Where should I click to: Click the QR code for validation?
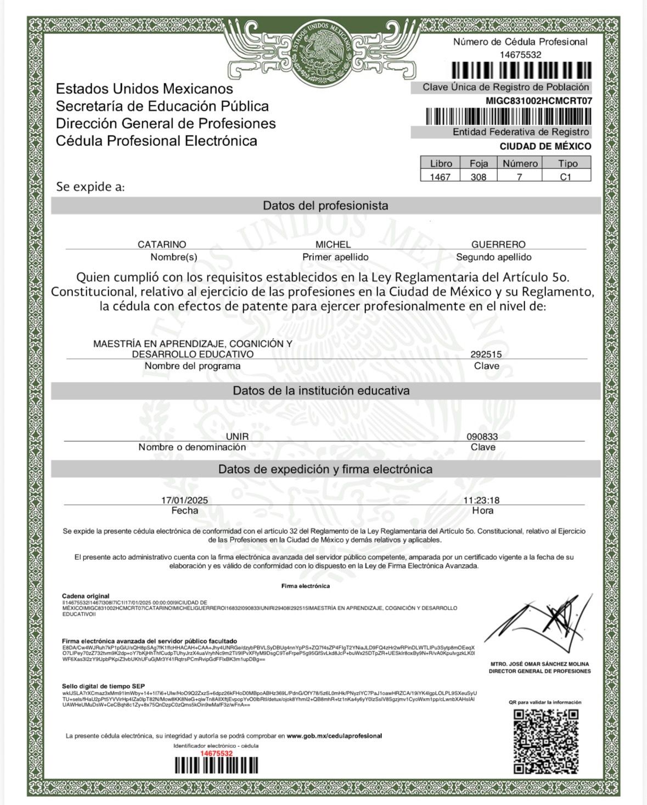pyautogui.click(x=545, y=741)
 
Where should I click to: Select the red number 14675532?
pyautogui.click(x=216, y=753)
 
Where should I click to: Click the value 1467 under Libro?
pyautogui.click(x=440, y=177)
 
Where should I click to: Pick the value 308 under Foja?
pyautogui.click(x=479, y=177)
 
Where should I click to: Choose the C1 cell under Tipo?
pyautogui.click(x=566, y=177)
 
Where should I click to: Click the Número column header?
pyautogui.click(x=520, y=164)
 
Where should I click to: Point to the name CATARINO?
pyautogui.click(x=162, y=244)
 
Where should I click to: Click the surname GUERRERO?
pyautogui.click(x=498, y=244)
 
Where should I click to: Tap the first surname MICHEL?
pyautogui.click(x=333, y=244)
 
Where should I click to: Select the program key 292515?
pyautogui.click(x=486, y=354)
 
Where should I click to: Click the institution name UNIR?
pyautogui.click(x=237, y=437)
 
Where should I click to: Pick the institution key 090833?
pyautogui.click(x=482, y=437)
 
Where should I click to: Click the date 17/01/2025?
pyautogui.click(x=184, y=500)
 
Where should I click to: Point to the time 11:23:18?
pyautogui.click(x=481, y=500)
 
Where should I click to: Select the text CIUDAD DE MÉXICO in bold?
pyautogui.click(x=545, y=147)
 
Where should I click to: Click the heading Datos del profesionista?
pyautogui.click(x=325, y=206)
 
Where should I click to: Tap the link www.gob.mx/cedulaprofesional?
pyautogui.click(x=334, y=736)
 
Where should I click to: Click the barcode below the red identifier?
pyautogui.click(x=216, y=765)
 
